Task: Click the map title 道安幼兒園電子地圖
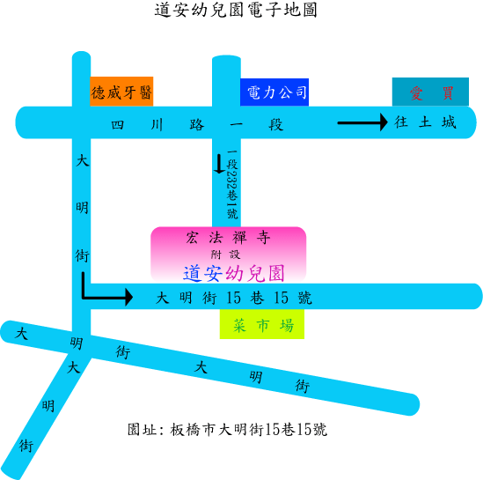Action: tap(236, 10)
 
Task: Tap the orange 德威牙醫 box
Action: tap(121, 92)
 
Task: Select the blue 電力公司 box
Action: tap(274, 92)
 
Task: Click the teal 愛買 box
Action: tap(430, 92)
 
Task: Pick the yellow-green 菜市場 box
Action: tap(262, 324)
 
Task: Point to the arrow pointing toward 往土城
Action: tap(362, 122)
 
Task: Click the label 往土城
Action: tap(425, 122)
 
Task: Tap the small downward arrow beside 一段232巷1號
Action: tap(219, 164)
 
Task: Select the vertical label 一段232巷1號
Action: tap(232, 184)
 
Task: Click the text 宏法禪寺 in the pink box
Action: tap(228, 238)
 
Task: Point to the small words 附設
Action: tap(225, 255)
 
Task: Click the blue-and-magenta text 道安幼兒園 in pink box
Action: tap(233, 273)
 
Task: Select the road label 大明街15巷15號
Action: tap(234, 298)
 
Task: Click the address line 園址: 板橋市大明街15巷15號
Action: tap(227, 430)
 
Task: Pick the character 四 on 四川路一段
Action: tap(117, 125)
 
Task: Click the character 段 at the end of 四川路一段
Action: tap(275, 125)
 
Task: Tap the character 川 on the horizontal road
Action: tap(157, 125)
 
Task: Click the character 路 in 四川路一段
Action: tap(197, 125)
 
